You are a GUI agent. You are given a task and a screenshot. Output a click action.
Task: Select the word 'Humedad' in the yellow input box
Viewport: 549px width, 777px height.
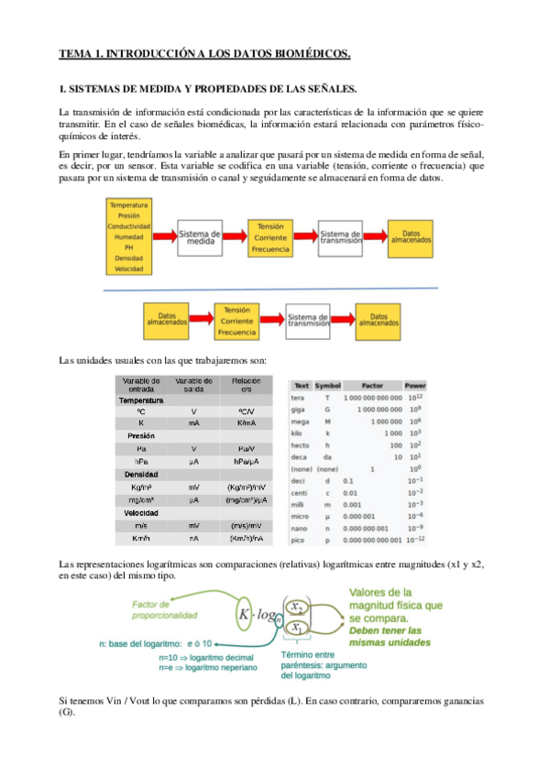(x=128, y=236)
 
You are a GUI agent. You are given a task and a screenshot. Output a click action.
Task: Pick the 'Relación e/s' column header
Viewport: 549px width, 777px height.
(x=247, y=384)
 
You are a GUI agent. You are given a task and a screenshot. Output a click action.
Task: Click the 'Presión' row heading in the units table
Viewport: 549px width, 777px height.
(x=141, y=435)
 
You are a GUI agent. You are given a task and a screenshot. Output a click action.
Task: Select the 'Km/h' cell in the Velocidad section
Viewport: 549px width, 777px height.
(x=141, y=539)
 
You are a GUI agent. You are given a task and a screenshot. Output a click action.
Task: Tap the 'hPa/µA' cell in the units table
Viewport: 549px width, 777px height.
(x=247, y=462)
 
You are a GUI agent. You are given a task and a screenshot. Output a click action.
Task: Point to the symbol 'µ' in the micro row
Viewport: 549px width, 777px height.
(x=327, y=515)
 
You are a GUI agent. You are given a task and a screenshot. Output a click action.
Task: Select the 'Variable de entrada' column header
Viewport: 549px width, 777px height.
(x=141, y=384)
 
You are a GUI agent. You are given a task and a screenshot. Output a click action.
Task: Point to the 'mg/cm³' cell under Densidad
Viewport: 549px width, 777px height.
(x=141, y=500)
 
